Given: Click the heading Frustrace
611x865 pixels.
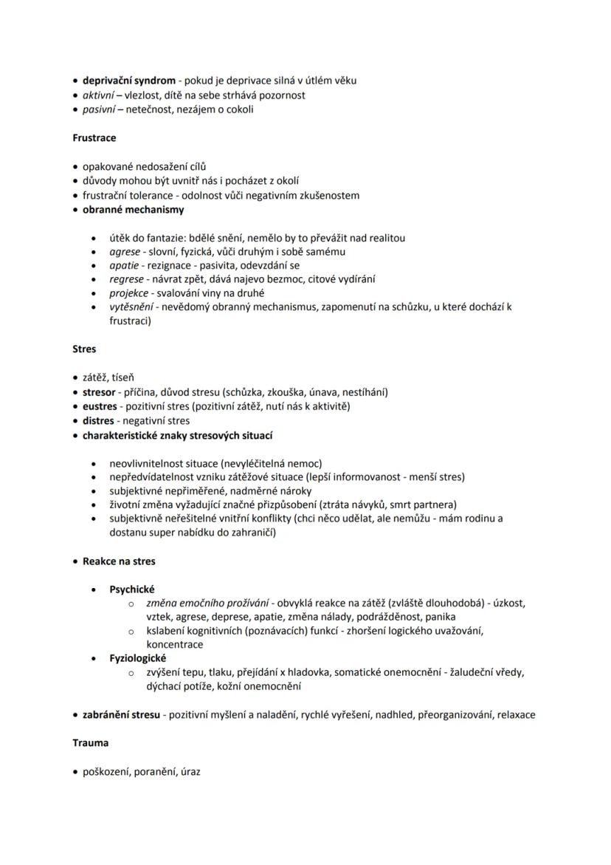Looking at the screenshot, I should (94, 137).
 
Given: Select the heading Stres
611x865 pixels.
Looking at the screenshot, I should (84, 349).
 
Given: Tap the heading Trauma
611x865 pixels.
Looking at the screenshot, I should (90, 742).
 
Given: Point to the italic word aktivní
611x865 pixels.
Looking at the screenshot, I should (100, 95).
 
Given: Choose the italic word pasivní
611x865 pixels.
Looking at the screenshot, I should (99, 109).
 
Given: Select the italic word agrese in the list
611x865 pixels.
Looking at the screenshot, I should (124, 252).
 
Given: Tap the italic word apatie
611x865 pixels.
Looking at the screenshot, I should (124, 265).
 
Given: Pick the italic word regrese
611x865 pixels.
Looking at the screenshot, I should (126, 279).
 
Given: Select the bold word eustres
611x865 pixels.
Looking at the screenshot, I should (100, 406).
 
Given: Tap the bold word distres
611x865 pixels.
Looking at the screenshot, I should (98, 420).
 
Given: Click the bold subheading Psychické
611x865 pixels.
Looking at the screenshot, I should (131, 589).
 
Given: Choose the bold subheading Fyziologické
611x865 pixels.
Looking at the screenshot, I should (137, 658).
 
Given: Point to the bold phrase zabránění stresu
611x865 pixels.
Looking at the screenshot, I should (120, 715).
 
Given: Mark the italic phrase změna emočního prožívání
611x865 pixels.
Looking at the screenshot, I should (209, 604).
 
